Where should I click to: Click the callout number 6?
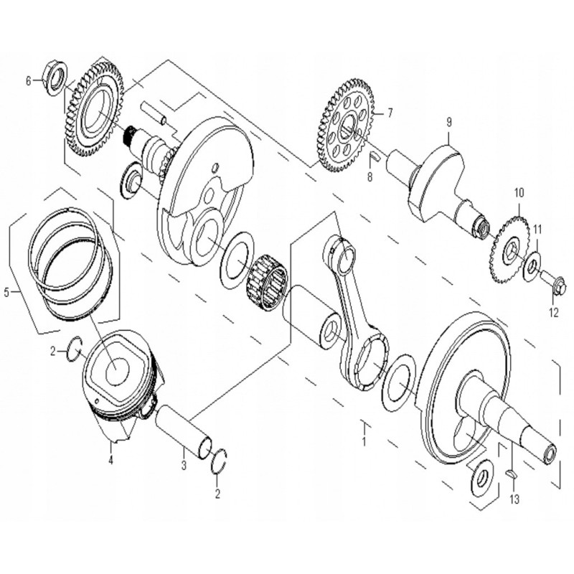(29, 81)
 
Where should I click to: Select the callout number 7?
(390, 113)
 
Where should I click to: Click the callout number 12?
(552, 313)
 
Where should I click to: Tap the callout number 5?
(7, 292)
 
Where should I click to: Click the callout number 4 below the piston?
(111, 460)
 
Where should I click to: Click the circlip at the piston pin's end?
(222, 460)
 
